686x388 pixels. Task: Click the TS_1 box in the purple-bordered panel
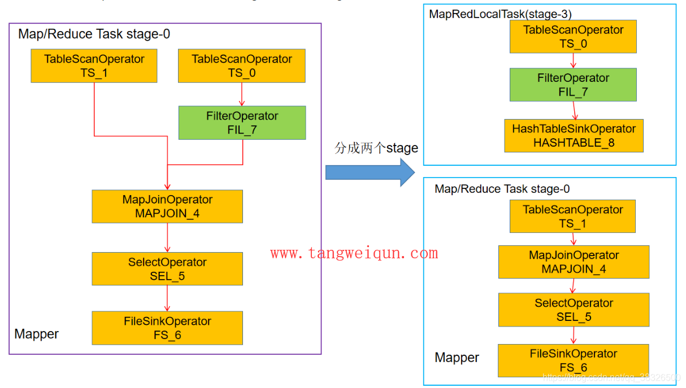coord(94,66)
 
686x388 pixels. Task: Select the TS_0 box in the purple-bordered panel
coord(242,66)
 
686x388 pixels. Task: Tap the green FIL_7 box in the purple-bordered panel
coord(242,123)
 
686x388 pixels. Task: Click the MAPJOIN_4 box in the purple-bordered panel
coord(167,206)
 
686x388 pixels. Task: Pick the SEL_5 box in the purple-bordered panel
coord(167,269)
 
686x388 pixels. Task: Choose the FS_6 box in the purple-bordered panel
coord(167,328)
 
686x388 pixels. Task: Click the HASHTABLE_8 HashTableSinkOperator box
coord(574,136)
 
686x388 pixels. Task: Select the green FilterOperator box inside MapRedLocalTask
coord(573,85)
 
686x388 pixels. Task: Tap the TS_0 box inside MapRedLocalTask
coord(573,37)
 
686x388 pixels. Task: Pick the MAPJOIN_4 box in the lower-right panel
coord(574,262)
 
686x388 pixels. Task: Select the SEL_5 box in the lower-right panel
coord(574,310)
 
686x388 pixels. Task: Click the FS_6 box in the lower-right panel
coord(573,360)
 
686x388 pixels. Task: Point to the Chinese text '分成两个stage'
coord(376,148)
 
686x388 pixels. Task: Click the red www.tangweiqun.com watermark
coord(354,253)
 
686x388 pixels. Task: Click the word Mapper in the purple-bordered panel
coord(37,334)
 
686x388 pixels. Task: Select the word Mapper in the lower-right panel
coord(457,358)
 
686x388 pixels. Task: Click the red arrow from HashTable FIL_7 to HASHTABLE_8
coord(575,110)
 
